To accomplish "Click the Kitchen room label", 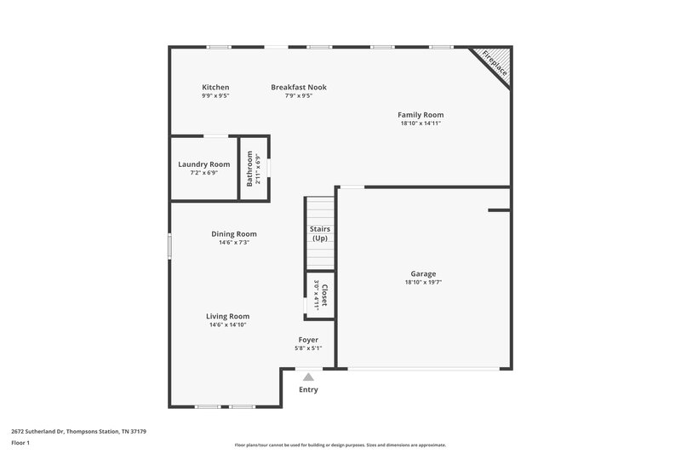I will coord(215,87).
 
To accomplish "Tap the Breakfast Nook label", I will coord(298,87).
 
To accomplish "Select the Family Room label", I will coord(421,114).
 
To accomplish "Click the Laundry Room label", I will coord(203,164).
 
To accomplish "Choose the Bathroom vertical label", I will coord(250,168).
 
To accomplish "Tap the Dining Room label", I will coord(233,233).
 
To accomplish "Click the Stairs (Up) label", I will coord(320,233).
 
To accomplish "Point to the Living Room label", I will coord(228,316).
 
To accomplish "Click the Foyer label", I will coord(307,339).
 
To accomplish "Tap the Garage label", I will coord(423,273).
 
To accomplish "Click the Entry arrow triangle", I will coord(308,376).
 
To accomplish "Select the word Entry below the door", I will coord(308,389).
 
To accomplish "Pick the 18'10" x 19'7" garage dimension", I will coord(423,282).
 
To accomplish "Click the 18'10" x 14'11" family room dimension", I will coord(421,123).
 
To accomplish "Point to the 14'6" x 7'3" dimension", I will coord(233,242).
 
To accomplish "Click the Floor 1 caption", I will coord(21,443).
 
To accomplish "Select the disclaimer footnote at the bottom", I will coord(340,445).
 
